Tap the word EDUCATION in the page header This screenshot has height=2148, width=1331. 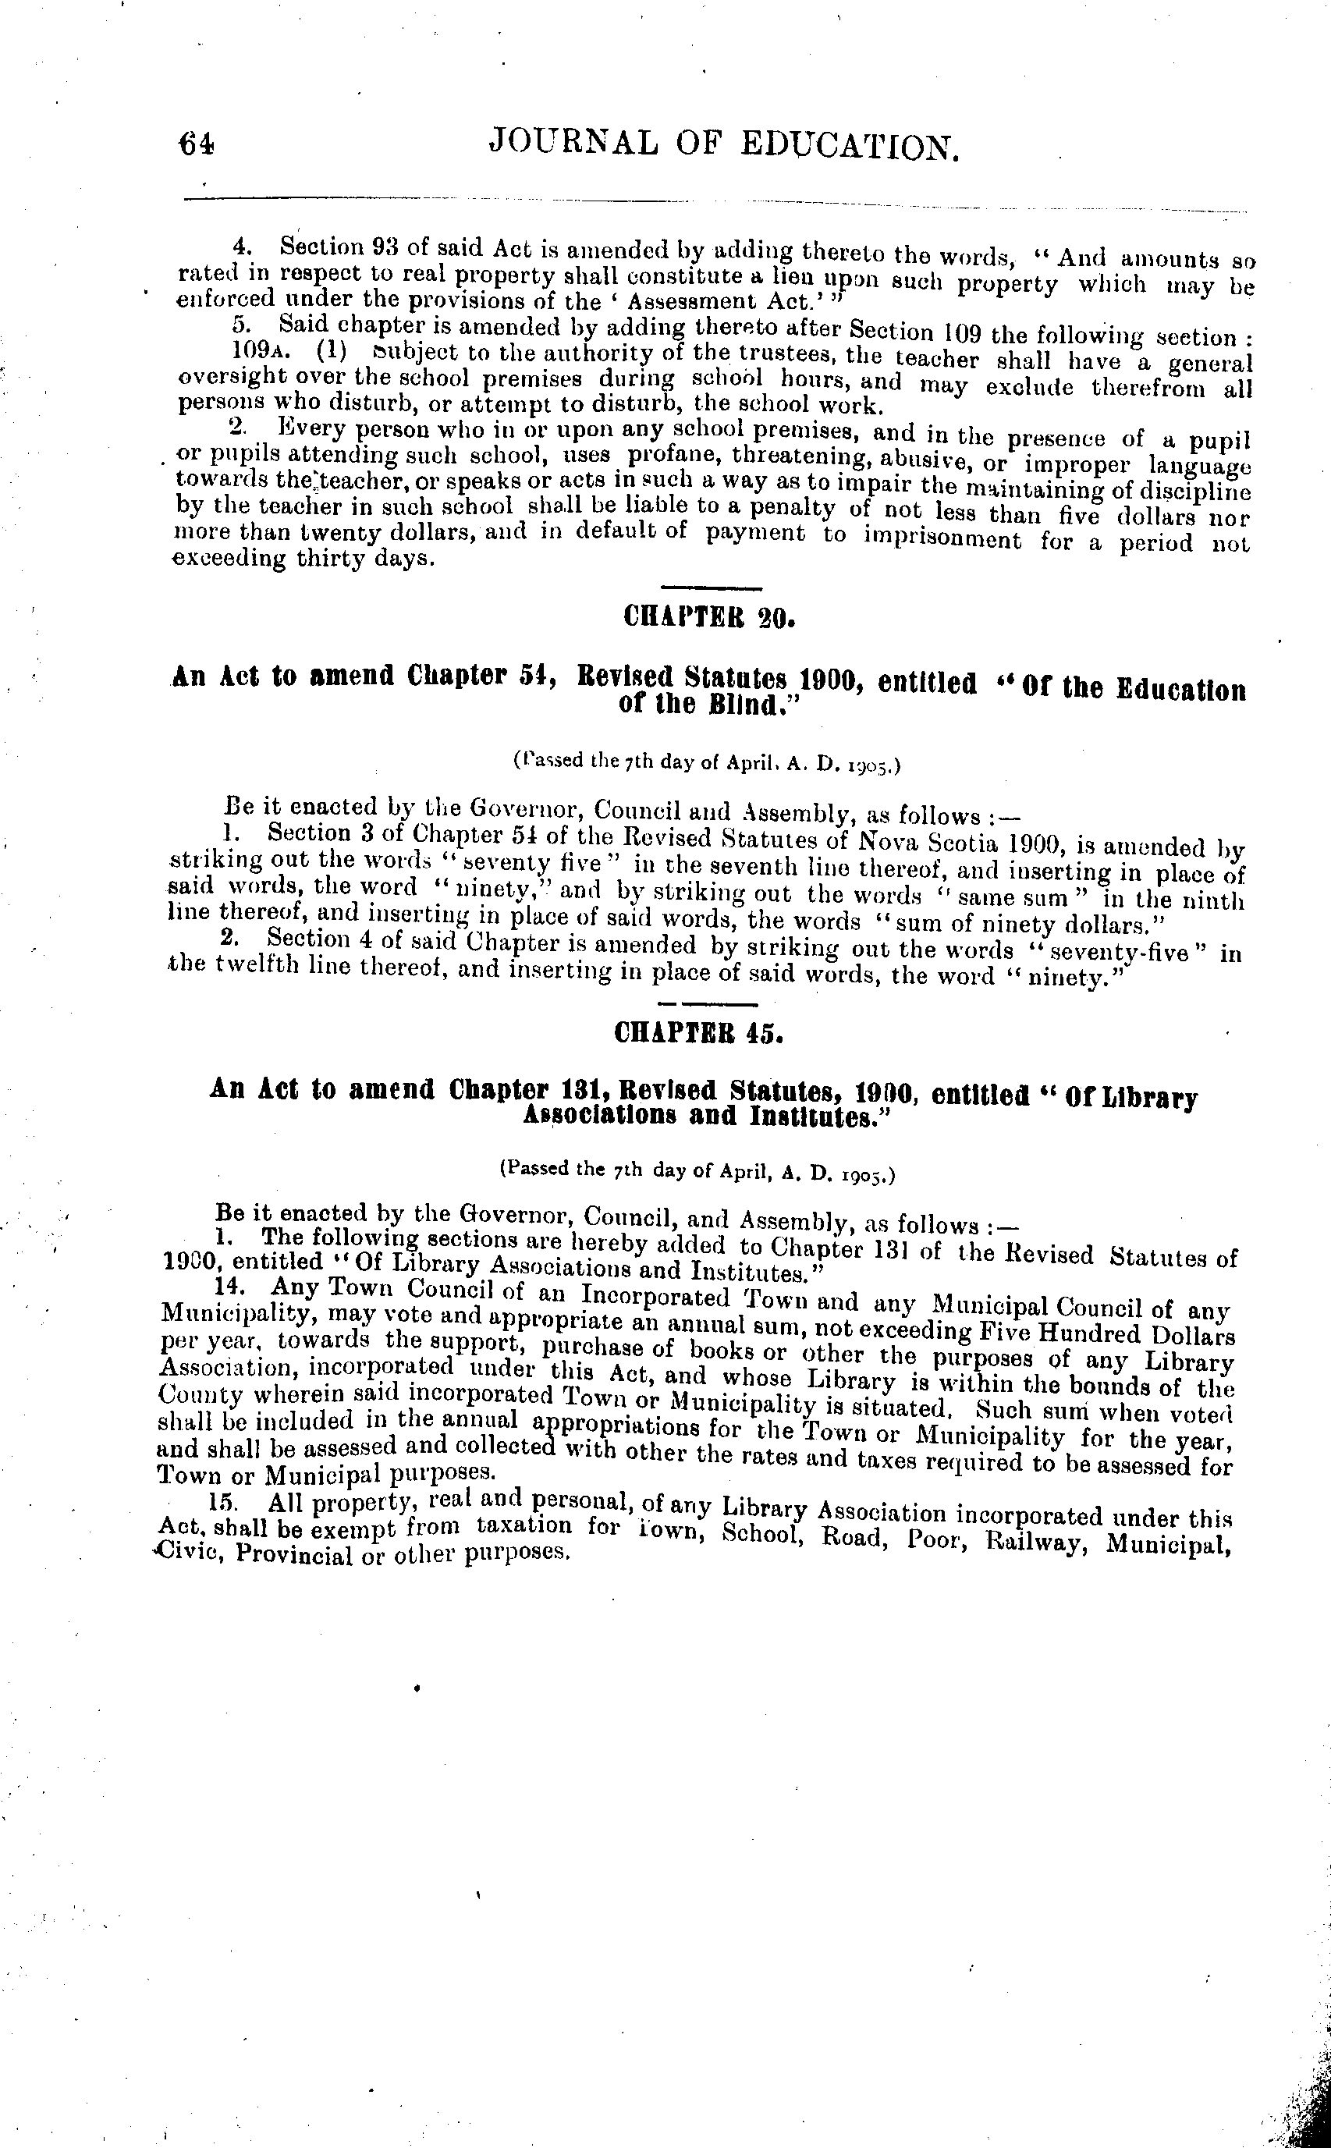point(849,146)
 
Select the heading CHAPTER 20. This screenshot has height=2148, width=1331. point(708,617)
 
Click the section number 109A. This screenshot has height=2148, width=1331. point(258,351)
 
